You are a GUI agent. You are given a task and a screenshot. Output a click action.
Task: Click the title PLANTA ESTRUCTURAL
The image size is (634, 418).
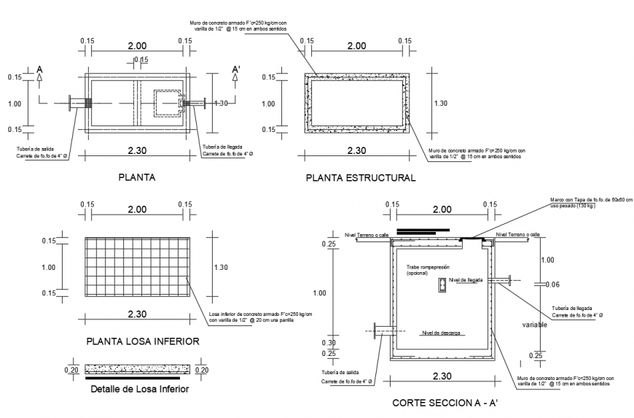tap(361, 177)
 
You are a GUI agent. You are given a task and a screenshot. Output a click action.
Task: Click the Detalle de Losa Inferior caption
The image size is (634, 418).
tap(140, 389)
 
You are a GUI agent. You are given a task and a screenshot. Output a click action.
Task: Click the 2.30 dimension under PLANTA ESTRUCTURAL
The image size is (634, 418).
tap(356, 150)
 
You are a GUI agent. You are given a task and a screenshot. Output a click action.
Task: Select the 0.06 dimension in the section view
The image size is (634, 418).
tap(552, 285)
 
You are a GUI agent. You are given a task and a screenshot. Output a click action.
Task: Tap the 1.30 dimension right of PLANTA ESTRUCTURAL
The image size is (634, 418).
tap(441, 104)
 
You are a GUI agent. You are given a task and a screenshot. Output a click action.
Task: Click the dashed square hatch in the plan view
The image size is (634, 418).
tap(167, 104)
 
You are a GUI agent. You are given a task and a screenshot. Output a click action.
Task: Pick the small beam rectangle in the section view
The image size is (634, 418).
tap(442, 287)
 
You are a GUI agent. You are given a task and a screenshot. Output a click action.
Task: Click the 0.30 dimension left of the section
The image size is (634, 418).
tap(329, 342)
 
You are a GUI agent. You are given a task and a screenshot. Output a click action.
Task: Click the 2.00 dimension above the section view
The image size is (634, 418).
tap(440, 209)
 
